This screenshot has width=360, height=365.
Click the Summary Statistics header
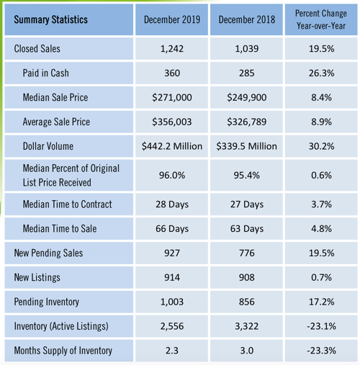[50, 19]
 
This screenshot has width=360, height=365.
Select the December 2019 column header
[172, 19]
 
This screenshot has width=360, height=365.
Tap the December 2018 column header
[247, 19]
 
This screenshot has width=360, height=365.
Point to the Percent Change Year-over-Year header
[321, 19]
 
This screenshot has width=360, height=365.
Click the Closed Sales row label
[37, 49]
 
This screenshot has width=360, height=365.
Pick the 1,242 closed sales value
[172, 49]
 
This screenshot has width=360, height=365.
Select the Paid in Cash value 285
[247, 73]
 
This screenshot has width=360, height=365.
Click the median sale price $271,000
[172, 98]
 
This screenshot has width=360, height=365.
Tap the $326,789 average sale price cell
[247, 122]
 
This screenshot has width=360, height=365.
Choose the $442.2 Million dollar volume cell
[172, 146]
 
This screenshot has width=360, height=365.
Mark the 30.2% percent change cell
[321, 146]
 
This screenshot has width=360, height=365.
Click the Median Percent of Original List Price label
[71, 176]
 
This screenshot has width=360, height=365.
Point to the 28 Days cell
[172, 204]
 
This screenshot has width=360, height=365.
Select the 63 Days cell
[247, 229]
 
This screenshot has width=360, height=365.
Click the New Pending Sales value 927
[172, 253]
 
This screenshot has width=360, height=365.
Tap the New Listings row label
[37, 278]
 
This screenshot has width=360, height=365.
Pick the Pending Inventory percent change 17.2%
[321, 302]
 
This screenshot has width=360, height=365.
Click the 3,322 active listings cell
[247, 326]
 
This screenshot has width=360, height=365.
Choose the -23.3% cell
[321, 351]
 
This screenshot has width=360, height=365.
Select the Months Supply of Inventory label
[63, 351]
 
